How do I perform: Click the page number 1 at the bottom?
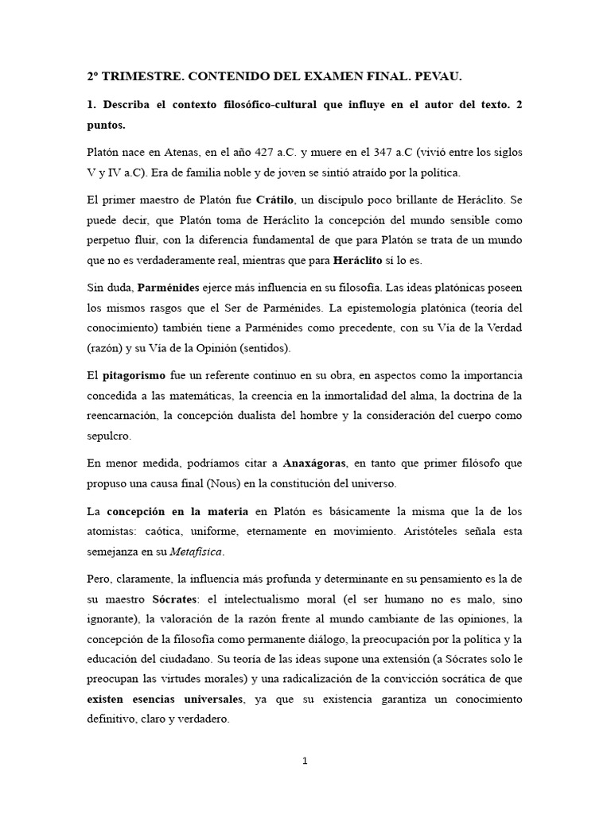pos(305,761)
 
